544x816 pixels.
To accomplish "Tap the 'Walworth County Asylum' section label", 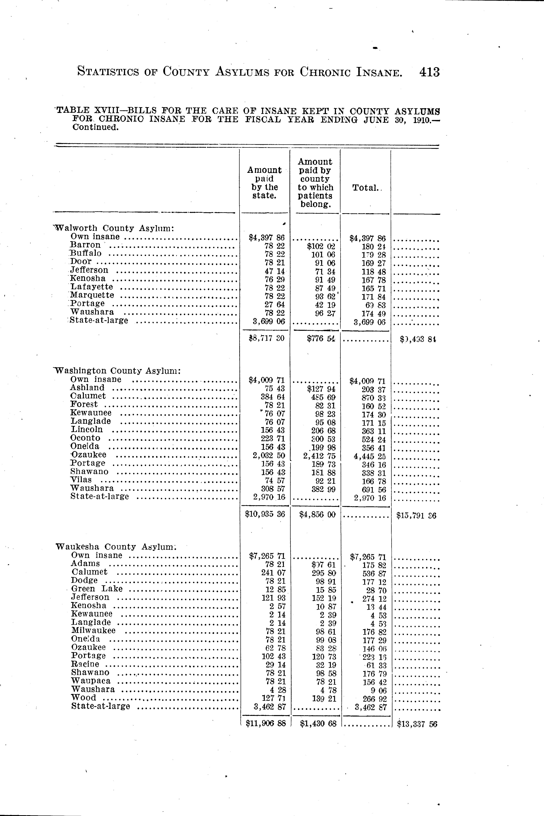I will (115, 228).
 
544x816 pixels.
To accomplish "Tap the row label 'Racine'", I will (85, 664).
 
